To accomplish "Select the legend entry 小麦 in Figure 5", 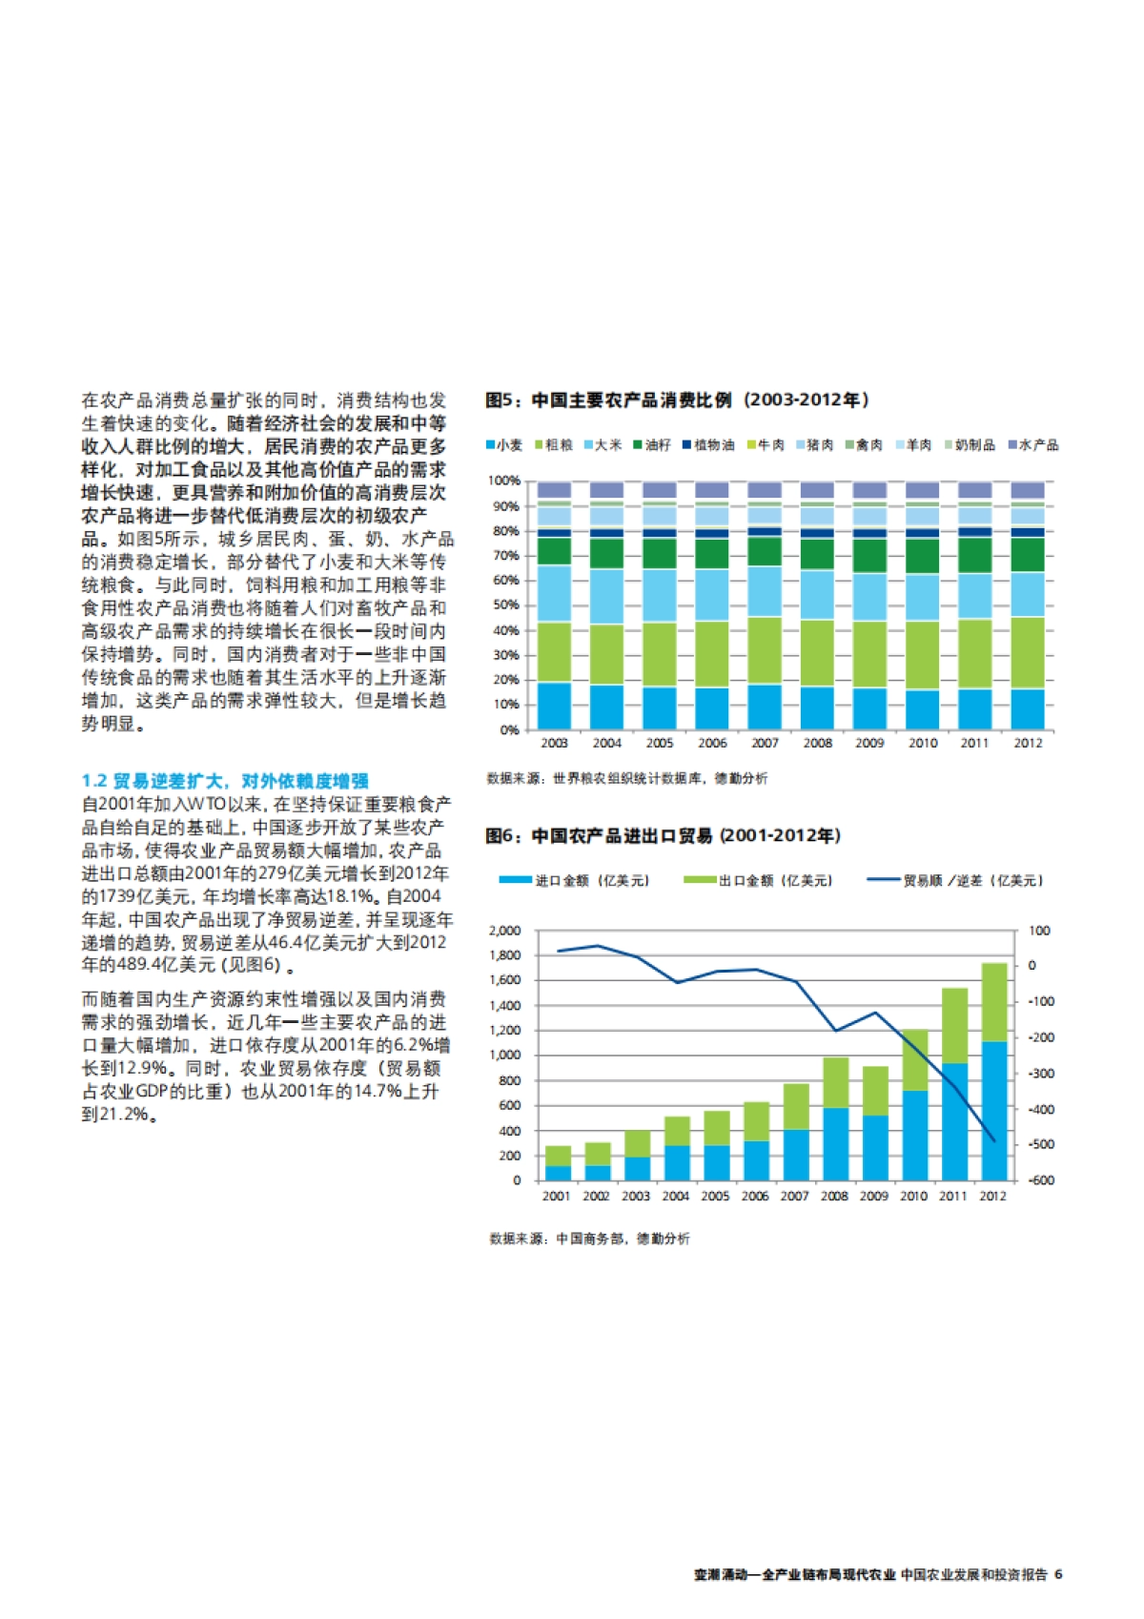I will pos(505,445).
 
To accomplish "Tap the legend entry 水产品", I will pos(1034,445).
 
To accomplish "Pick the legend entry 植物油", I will pos(709,445).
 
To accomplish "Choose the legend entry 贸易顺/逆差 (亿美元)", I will pos(956,880).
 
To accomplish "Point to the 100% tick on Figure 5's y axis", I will pos(504,481).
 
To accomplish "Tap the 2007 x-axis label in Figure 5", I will pos(765,743).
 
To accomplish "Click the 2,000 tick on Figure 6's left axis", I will pos(505,931).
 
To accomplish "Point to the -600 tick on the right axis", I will pos(1041,1180).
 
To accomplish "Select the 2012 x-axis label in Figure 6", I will pos(992,1196).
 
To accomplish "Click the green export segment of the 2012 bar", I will pos(993,1001).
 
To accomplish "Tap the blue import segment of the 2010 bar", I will pos(914,1135).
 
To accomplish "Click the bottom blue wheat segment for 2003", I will pos(554,706).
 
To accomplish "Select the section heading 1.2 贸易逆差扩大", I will pos(225,781).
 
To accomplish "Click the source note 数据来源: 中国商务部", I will pos(589,1239).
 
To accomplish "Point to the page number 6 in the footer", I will pos(1058,1574).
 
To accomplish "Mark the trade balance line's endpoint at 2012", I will pos(993,1139).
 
